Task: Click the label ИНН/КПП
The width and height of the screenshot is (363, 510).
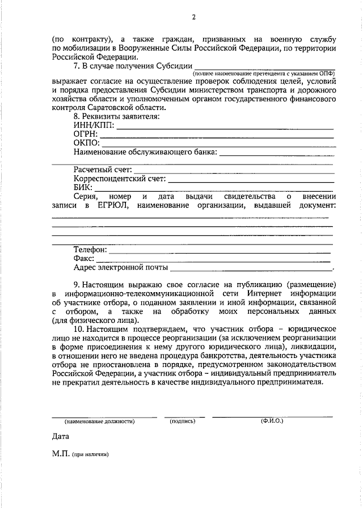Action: [94, 125]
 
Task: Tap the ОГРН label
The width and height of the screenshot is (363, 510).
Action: [86, 134]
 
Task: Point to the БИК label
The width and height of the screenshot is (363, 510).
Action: [83, 188]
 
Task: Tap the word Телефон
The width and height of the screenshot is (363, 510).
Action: [90, 250]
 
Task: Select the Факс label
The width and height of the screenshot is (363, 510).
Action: [84, 259]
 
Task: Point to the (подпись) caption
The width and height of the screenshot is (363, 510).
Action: [181, 422]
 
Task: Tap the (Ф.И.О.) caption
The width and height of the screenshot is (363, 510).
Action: [272, 422]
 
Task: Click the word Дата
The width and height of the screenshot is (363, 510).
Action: [60, 437]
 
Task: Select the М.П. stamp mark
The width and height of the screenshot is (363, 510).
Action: [60, 455]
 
